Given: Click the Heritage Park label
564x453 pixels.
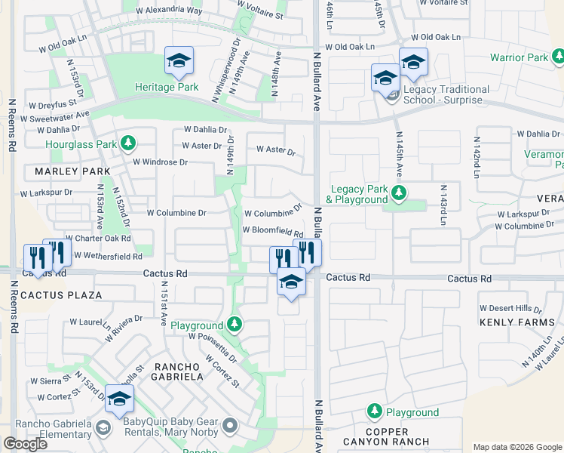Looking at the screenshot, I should tap(167, 87).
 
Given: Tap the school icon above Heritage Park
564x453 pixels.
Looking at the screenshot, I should tap(179, 60).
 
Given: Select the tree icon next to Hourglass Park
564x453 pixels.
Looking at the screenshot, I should tap(129, 143).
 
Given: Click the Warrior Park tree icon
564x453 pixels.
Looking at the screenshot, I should tap(558, 57).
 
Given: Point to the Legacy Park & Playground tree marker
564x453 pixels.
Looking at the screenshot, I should tap(399, 194).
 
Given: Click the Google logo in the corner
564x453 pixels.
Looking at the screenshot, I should tap(25, 444).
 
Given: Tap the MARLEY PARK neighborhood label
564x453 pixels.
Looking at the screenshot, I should tap(67, 171).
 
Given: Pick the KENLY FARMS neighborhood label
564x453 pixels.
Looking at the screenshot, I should tap(517, 322).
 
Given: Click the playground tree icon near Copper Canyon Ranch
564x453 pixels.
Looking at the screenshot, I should tap(374, 411).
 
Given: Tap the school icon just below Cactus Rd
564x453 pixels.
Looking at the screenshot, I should tap(291, 282).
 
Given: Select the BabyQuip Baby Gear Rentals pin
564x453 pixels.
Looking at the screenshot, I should tap(229, 428).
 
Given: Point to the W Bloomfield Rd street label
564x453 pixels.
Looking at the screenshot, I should tap(272, 230).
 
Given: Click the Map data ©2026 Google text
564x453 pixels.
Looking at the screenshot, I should tap(516, 447).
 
